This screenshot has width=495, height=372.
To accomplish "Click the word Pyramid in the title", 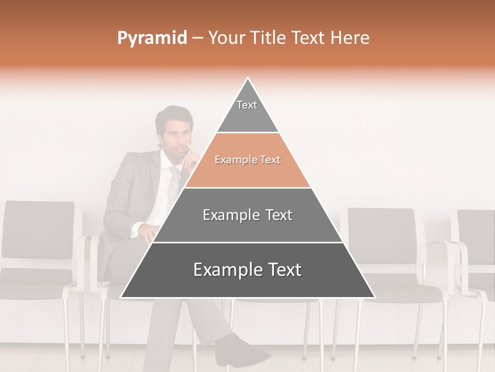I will (x=152, y=38).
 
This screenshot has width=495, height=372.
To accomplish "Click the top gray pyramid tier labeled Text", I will (x=247, y=111).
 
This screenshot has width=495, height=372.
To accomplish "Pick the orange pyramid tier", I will (x=247, y=160).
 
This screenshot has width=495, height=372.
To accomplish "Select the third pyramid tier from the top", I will (x=247, y=215).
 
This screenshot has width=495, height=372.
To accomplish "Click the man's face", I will (x=175, y=139).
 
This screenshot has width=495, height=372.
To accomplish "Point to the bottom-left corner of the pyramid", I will (x=122, y=297).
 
